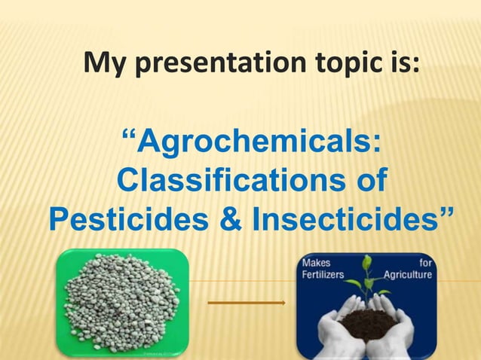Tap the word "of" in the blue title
[x=365, y=182]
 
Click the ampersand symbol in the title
[x=229, y=221]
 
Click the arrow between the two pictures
[x=247, y=303]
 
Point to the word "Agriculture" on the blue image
[x=407, y=275]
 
